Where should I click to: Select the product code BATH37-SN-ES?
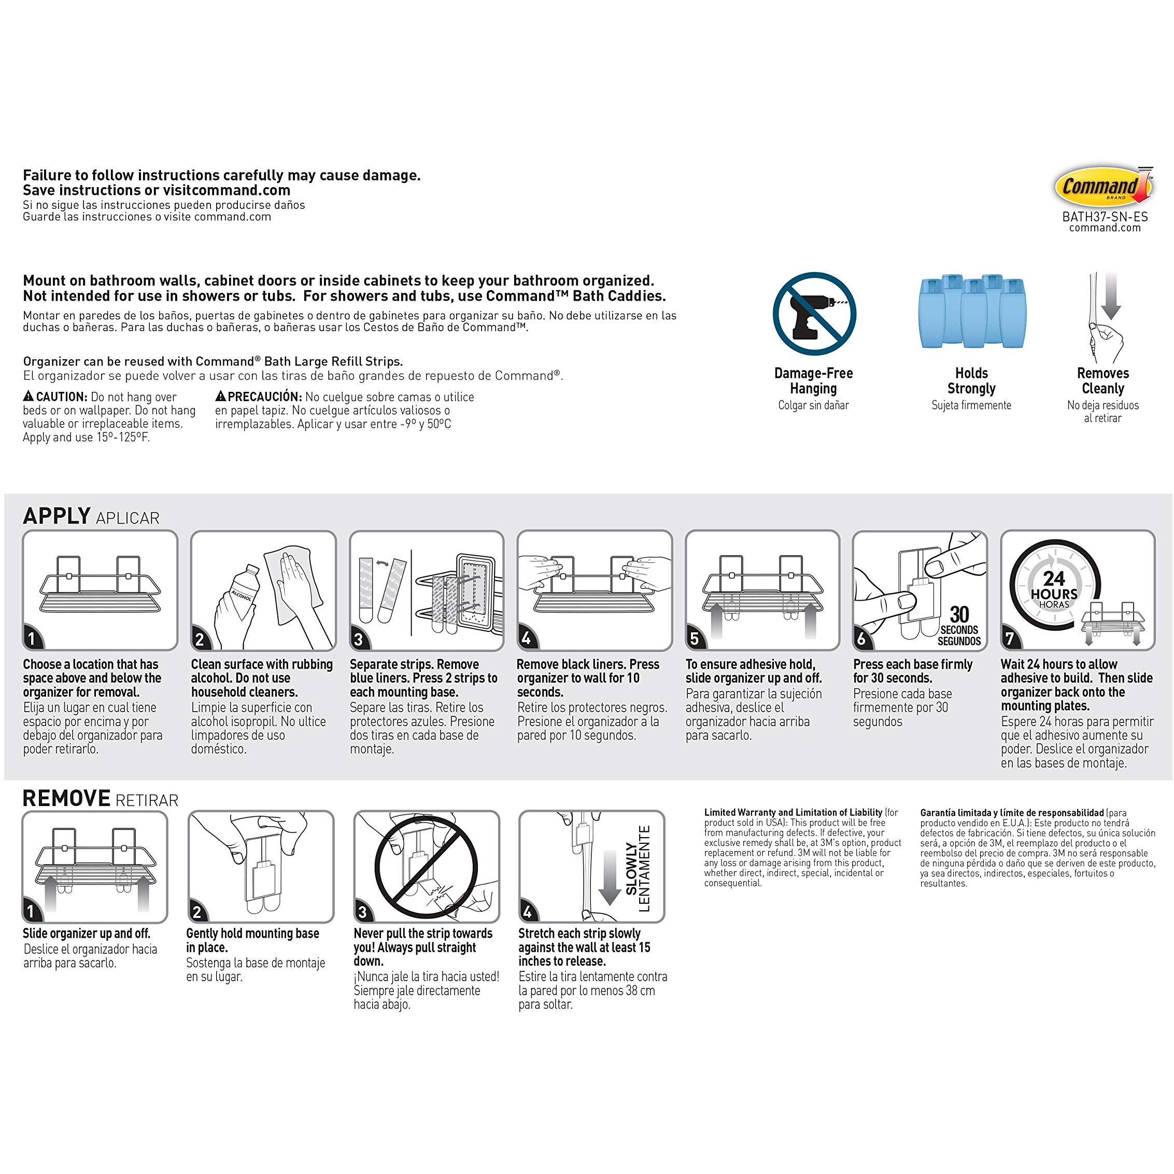pos(1105,216)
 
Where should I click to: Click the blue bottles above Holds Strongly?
pos(971,311)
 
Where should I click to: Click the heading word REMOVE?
pos(66,798)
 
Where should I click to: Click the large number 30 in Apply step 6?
pos(959,614)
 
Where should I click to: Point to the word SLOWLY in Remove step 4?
pos(631,868)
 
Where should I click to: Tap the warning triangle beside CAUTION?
pos(29,396)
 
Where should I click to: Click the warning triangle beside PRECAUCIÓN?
pos(221,396)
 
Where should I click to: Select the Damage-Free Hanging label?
pos(814,380)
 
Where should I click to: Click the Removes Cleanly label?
pos(1103,380)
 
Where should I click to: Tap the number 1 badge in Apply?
pos(32,638)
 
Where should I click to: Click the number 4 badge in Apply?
pos(526,638)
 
